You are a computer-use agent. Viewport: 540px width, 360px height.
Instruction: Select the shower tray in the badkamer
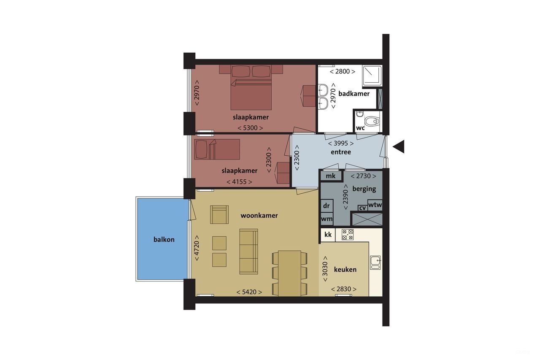(372, 76)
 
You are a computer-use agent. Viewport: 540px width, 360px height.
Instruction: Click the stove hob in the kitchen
(348, 235)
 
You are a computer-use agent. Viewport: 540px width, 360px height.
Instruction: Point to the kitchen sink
(375, 263)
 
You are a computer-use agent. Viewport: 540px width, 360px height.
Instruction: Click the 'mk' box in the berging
(331, 176)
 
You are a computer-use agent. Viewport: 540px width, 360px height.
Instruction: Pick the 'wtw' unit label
(375, 205)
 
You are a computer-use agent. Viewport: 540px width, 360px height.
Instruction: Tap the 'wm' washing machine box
(327, 219)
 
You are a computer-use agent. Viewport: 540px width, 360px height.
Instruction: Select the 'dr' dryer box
(327, 206)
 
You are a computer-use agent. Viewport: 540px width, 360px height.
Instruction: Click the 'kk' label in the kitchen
(328, 235)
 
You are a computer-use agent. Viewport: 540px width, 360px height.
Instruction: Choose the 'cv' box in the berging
(362, 208)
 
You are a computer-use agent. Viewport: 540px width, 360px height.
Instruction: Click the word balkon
(164, 239)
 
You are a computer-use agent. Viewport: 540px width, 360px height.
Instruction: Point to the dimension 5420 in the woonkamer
(249, 292)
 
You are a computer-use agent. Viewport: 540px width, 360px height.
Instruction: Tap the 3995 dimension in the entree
(341, 143)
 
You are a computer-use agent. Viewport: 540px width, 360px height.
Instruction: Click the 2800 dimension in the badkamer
(342, 71)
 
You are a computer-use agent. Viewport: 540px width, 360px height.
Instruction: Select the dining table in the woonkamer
(289, 273)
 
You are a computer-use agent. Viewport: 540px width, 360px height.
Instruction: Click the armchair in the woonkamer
(219, 214)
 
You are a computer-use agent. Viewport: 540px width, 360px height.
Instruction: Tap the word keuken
(345, 269)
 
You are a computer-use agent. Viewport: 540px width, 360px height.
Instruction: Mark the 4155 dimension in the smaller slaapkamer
(239, 182)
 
